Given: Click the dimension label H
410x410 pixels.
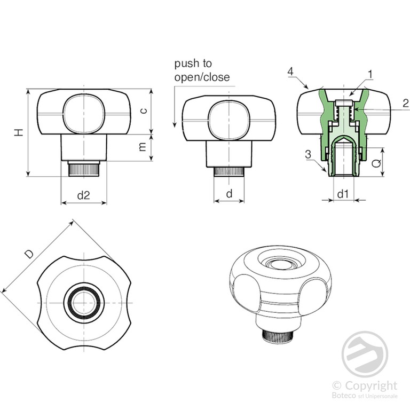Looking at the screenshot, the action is coord(19,132).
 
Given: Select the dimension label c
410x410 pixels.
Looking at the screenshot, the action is coord(143,111).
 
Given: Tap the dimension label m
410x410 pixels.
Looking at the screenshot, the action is coord(143,147).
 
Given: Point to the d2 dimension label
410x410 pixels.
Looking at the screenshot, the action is coord(83,195).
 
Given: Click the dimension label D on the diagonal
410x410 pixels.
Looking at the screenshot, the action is coord(29,254).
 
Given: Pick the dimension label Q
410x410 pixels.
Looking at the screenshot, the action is coord(376,163).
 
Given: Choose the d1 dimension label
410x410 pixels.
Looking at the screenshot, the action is coord(343,194).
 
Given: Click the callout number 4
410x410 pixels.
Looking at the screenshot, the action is coord(290,72).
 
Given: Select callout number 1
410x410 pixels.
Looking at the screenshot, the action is coord(370,74).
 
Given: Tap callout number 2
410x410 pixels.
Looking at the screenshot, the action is coord(406,103).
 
